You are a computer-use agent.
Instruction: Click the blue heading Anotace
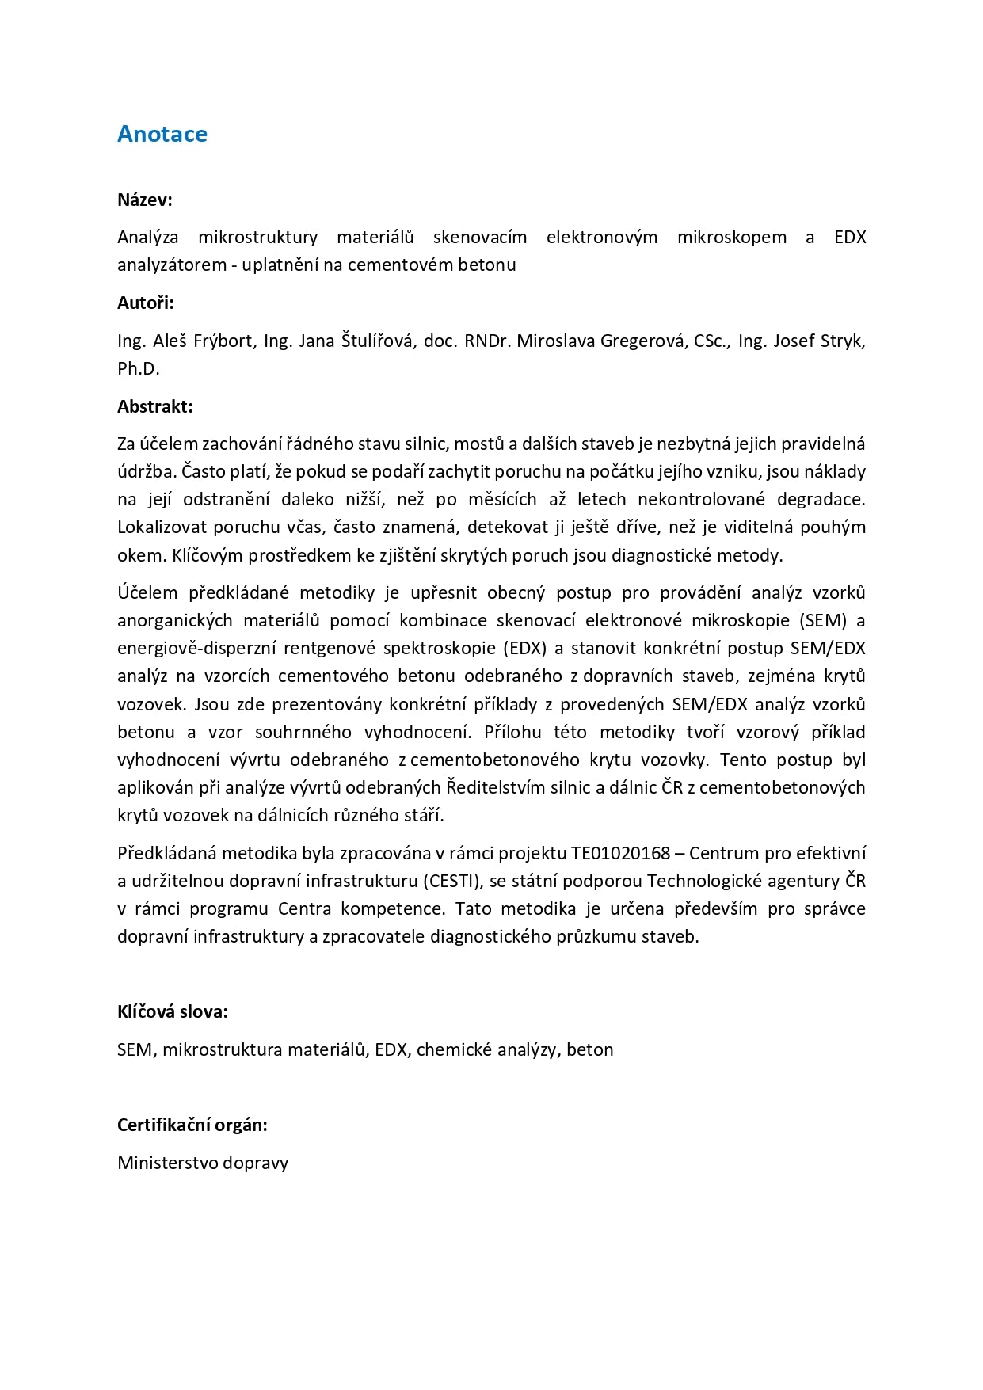[162, 134]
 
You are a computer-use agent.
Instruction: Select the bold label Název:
[145, 200]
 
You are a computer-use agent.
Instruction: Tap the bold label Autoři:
[146, 303]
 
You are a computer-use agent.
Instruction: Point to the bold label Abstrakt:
[155, 406]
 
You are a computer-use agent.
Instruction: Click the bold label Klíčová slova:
[173, 1011]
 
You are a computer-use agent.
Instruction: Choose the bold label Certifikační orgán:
[192, 1125]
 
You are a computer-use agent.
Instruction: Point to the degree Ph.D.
[139, 368]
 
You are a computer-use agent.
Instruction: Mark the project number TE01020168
[620, 853]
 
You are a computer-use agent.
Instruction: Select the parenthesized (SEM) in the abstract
[823, 620]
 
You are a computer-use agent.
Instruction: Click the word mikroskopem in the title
[731, 237]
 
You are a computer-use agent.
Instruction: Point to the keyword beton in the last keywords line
[590, 1049]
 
